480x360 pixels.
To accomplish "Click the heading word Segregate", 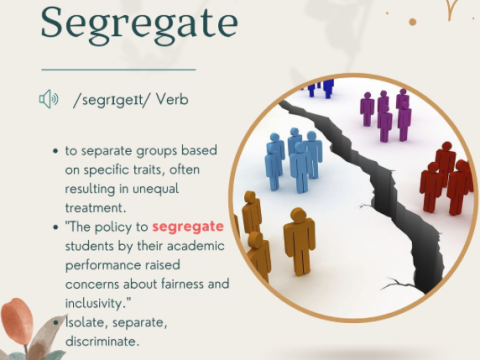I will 139,21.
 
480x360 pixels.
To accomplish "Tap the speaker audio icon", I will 49,98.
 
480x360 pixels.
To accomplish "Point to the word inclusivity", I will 98,302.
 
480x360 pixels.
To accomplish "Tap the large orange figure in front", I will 298,240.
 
